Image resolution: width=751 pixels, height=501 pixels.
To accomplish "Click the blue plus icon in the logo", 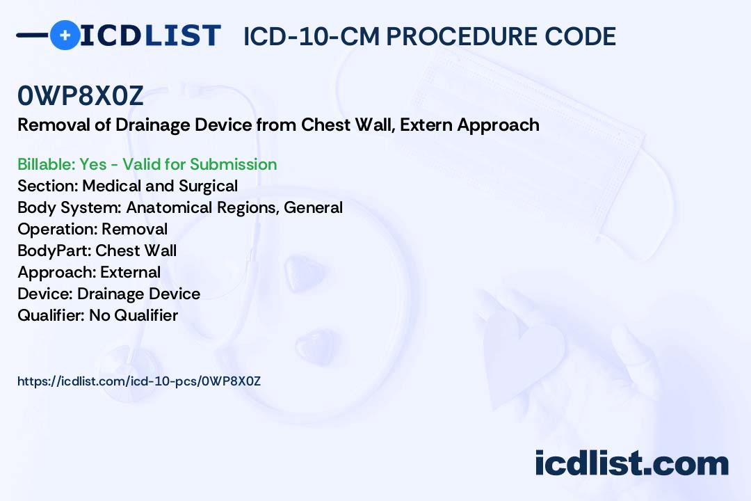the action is tap(65, 35).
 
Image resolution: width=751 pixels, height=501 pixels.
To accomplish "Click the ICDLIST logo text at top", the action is tap(150, 35).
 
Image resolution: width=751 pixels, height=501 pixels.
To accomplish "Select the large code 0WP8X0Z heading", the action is tap(81, 96).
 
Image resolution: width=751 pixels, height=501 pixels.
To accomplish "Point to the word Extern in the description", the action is tap(426, 125).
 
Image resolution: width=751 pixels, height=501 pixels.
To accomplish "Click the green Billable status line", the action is tap(147, 164).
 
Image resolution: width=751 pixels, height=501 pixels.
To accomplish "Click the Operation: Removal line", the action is tap(92, 229).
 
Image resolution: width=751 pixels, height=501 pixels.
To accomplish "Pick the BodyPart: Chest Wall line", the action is tap(97, 250).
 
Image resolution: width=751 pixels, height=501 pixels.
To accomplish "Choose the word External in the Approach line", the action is tap(130, 272).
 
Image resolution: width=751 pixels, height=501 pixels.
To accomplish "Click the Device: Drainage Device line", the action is tap(108, 294).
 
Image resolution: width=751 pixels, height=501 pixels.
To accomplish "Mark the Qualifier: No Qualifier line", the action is tap(98, 315).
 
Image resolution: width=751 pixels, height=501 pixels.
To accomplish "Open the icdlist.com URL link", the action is tap(139, 381).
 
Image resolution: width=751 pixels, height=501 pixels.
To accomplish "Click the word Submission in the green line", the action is tap(233, 164).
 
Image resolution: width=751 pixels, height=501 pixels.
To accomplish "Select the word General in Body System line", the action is tap(313, 207).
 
